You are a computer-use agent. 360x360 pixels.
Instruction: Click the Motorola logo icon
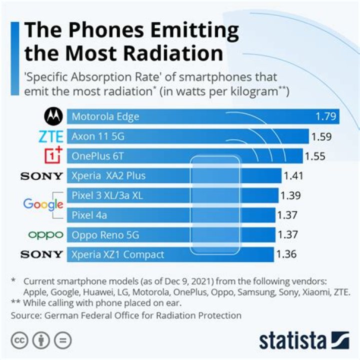pyautogui.click(x=52, y=117)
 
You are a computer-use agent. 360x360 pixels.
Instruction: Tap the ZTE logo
pyautogui.click(x=50, y=136)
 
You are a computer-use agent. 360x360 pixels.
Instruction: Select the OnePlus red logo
pyautogui.click(x=51, y=156)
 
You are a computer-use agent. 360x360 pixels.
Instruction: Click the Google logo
pyautogui.click(x=43, y=204)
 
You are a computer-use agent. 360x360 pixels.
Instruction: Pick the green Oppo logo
pyautogui.click(x=45, y=234)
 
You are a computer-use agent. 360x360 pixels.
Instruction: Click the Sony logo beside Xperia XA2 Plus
pyautogui.click(x=42, y=176)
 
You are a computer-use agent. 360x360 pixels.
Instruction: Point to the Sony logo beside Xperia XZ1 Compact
pyautogui.click(x=42, y=254)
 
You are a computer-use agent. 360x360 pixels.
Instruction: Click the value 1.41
pyautogui.click(x=293, y=176)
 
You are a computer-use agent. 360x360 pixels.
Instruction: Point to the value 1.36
pyautogui.click(x=286, y=254)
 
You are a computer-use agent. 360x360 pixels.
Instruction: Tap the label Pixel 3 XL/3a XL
pyautogui.click(x=107, y=195)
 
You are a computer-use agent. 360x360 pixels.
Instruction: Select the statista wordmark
pyautogui.click(x=292, y=341)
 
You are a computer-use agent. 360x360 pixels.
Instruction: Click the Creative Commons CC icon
pyautogui.click(x=19, y=340)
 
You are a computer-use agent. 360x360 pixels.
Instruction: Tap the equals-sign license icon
pyautogui.click(x=62, y=340)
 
